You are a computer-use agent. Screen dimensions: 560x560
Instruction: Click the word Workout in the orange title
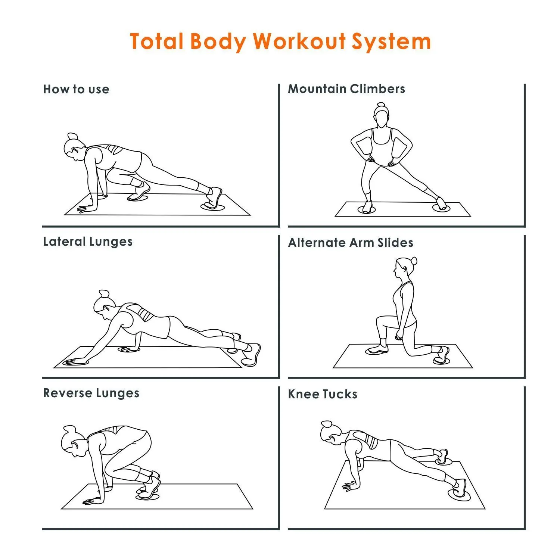coord(299,41)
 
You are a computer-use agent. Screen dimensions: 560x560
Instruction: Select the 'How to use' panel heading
coord(76,89)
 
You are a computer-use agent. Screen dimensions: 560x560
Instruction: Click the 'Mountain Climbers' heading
coord(346,89)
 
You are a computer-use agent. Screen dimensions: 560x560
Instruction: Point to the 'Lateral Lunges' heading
coord(88,242)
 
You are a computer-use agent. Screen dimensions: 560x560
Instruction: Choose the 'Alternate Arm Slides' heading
coord(351,243)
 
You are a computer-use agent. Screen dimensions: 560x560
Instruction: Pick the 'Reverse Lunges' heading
coord(91,393)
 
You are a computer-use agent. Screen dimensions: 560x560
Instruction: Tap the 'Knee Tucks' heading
coord(323,394)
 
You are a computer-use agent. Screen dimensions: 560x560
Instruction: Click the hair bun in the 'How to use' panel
coord(72,136)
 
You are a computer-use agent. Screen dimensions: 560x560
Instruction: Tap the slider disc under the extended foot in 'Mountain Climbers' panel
coord(442,208)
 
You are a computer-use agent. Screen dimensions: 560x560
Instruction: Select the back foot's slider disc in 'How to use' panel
coord(213,206)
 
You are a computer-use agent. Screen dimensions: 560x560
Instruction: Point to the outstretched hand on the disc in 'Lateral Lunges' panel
coord(75,361)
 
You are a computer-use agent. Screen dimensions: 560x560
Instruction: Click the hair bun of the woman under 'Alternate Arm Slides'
coord(413,261)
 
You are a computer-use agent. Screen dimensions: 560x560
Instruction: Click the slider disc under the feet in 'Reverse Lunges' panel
coord(147,497)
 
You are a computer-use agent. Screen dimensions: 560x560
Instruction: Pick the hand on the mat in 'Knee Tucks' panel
coord(350,486)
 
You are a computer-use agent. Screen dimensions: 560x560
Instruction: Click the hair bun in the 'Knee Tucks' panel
coord(326,424)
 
